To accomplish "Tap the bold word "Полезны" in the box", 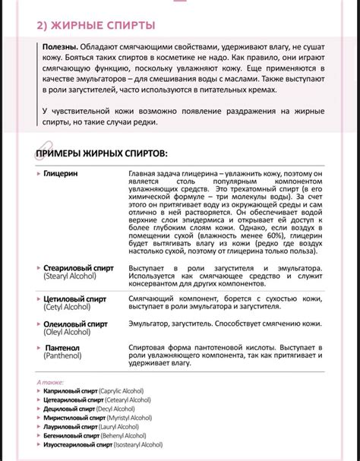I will point(60,48).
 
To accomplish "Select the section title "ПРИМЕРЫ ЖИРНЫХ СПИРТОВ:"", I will point(103,154).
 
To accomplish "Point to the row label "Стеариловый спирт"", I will point(75,269).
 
